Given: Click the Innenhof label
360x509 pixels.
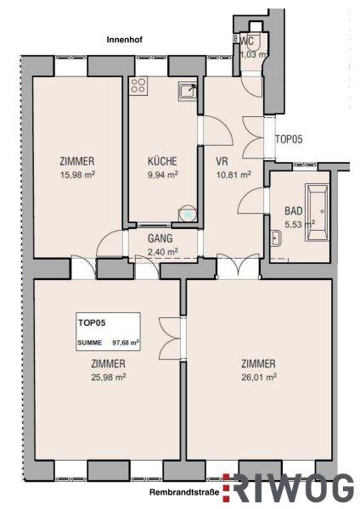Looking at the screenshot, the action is tap(125, 40).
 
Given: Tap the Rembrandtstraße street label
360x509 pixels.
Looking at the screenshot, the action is tap(184, 492).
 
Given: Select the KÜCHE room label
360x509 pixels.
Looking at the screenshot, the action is tap(162, 161).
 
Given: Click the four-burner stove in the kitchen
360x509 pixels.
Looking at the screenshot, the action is tap(138, 86).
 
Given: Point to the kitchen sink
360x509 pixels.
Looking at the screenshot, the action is tap(188, 91).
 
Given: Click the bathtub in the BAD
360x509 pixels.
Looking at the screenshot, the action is tap(317, 213).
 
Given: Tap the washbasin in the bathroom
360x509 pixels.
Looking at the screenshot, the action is tap(276, 238).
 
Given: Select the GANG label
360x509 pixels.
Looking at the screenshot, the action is tap(160, 238).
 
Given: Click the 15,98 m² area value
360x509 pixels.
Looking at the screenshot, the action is tap(77, 176).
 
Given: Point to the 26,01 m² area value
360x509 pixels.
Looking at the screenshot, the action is tap(259, 378).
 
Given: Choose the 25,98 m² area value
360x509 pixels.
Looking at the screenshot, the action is tap(109, 378).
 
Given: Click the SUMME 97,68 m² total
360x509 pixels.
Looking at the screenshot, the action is tap(109, 343).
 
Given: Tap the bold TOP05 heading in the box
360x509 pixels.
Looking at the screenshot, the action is tap(92, 323).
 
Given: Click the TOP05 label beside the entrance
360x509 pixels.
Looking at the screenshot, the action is tap(289, 139).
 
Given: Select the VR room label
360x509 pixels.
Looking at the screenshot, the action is tap(222, 161).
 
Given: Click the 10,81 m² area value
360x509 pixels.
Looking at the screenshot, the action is tap(233, 176).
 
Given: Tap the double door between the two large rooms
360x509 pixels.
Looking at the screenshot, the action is tap(171, 338).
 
